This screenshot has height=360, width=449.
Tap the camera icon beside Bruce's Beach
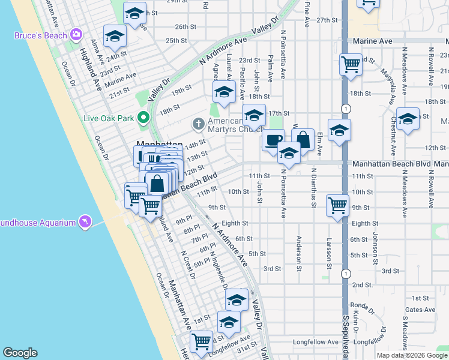pos(76,34)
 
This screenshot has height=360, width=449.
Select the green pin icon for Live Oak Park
pos(143,118)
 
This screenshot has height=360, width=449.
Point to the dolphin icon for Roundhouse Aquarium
pos(86,223)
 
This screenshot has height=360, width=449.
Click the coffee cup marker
pos(273,140)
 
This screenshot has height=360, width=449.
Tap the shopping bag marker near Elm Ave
pos(303,140)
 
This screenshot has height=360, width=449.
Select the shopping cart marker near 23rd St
pos(350,63)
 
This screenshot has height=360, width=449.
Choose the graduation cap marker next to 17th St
pos(254,115)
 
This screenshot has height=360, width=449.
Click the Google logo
pos(20,353)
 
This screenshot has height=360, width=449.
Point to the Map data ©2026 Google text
pos(412,355)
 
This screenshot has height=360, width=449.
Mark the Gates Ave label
pos(419,310)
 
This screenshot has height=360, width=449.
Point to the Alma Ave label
pos(94,51)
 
